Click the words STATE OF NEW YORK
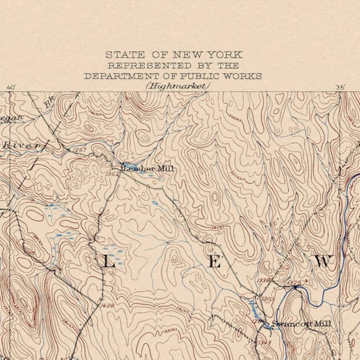point(174,55)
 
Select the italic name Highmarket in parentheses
point(178,86)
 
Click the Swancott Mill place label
point(302,324)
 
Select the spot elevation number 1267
point(79,150)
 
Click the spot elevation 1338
point(263,281)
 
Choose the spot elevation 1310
point(268,299)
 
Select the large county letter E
point(214,262)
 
